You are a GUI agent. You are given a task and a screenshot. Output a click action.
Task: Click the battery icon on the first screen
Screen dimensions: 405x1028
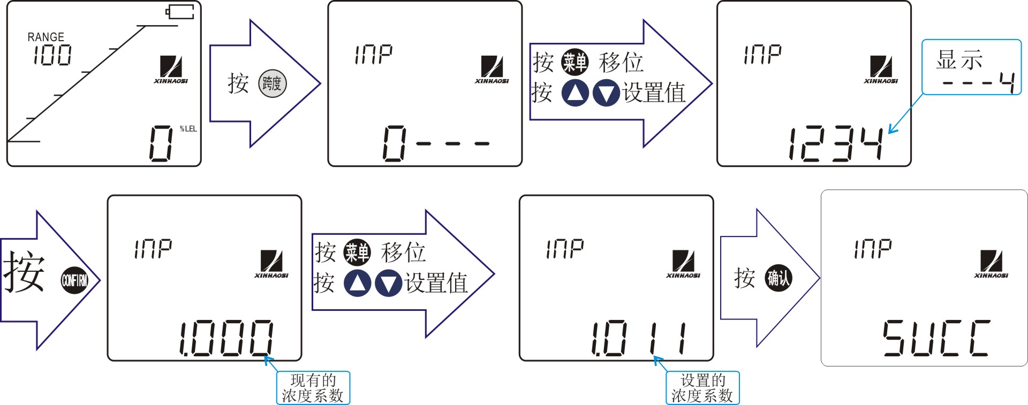point(180,12)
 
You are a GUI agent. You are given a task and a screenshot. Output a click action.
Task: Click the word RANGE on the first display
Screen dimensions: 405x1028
point(46,37)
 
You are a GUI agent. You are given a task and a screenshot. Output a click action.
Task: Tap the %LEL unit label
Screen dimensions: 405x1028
point(188,129)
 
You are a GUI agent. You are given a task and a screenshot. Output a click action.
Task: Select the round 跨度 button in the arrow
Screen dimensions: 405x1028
point(273,83)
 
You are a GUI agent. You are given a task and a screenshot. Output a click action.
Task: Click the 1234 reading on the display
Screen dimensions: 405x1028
point(836,143)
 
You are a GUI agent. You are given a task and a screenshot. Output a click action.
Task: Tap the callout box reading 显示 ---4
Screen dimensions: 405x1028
point(971,67)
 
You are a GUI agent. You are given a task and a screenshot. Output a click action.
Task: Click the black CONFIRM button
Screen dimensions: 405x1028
point(74,280)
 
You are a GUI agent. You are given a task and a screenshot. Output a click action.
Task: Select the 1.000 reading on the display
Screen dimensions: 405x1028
point(226,338)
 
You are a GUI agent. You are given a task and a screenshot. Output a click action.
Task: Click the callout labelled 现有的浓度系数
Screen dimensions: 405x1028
point(313,388)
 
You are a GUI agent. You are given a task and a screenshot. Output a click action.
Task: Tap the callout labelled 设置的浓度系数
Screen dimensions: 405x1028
point(702,388)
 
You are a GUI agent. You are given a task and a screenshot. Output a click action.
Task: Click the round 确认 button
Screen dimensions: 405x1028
point(778,278)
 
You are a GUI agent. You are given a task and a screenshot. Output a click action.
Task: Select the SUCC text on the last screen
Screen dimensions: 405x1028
point(936,338)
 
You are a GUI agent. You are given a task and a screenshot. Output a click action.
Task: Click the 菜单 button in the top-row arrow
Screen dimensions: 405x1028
point(575,63)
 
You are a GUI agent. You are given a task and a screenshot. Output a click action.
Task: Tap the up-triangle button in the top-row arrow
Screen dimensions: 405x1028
point(575,93)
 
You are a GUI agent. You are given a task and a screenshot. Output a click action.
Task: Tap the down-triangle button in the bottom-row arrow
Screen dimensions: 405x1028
point(389,284)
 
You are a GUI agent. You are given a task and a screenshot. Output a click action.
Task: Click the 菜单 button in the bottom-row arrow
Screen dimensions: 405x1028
point(357,252)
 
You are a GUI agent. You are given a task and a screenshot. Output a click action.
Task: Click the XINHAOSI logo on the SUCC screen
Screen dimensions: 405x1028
point(991,264)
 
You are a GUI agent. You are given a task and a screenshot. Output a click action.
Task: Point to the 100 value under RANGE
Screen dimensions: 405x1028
point(52,55)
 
